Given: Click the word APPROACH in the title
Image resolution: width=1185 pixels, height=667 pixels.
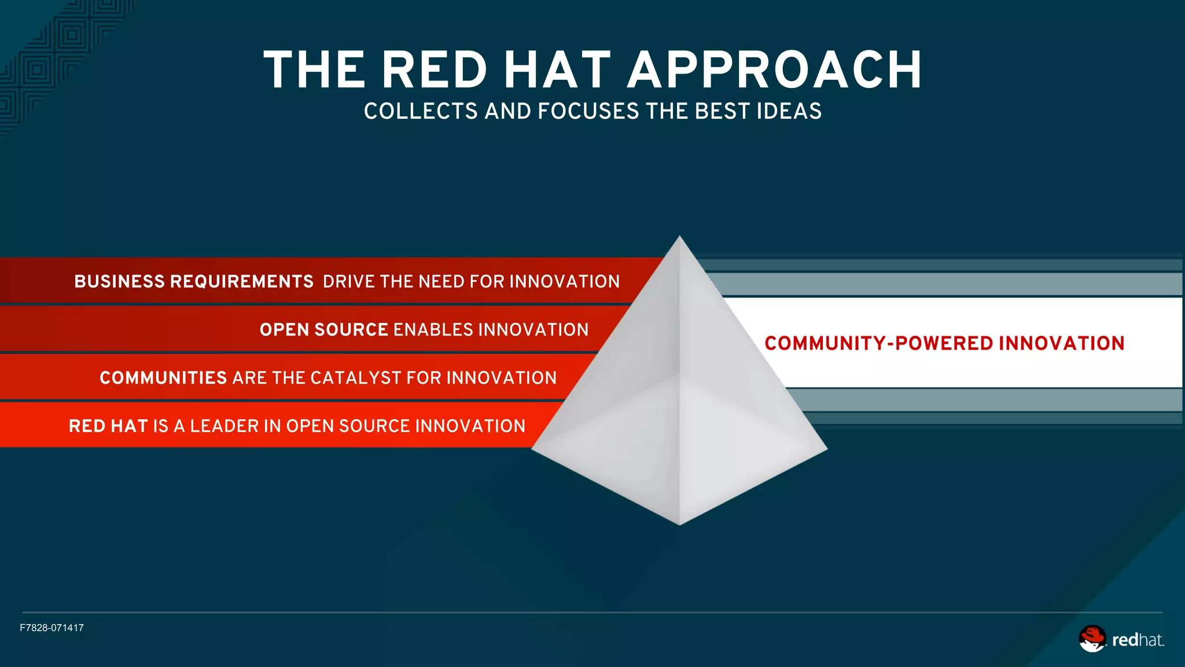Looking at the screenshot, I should (775, 70).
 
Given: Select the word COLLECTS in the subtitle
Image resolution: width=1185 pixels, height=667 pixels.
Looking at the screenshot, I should (421, 111).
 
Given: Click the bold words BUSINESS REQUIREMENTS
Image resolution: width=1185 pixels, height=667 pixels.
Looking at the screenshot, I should (194, 281).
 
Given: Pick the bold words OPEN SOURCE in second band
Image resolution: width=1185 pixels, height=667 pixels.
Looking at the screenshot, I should (323, 329).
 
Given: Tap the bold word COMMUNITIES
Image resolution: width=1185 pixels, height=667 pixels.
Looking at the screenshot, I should (163, 378).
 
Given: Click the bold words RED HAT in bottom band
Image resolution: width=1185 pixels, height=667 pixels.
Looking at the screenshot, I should (108, 426).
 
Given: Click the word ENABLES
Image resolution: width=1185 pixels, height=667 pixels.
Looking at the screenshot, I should (433, 329).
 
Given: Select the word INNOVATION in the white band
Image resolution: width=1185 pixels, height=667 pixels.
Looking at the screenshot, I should (1061, 343).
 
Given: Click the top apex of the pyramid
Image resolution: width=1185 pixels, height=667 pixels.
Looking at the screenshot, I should (679, 237).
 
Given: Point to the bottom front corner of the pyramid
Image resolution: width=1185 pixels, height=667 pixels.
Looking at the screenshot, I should (679, 523).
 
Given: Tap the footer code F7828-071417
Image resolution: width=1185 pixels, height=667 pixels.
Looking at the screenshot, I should (51, 628).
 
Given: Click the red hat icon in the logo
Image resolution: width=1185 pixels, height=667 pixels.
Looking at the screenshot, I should (1092, 639).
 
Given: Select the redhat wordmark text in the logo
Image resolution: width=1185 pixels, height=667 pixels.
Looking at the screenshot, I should (1138, 640).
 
